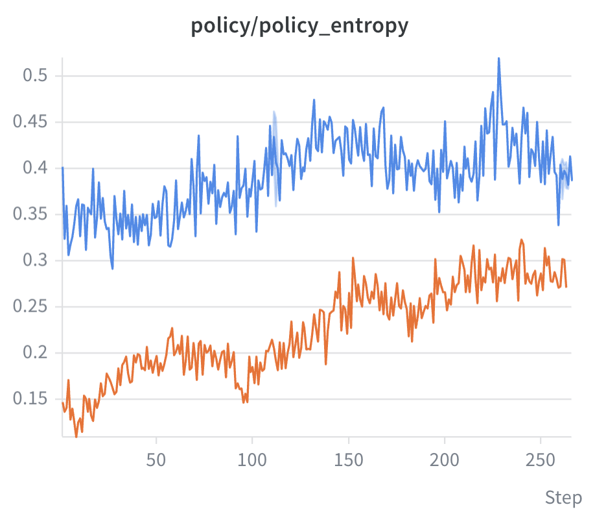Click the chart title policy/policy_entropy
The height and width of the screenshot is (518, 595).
point(299,26)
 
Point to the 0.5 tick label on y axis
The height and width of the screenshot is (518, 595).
point(35,75)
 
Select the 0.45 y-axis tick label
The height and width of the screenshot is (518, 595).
point(30,121)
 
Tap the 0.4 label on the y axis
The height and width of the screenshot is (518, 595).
point(35,167)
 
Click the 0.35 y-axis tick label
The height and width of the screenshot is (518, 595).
point(30,214)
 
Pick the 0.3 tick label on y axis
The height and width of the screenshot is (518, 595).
point(35,260)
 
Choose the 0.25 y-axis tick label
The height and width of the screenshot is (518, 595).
point(30,306)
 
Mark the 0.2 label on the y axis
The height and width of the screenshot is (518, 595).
point(35,352)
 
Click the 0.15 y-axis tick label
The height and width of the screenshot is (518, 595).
point(30,399)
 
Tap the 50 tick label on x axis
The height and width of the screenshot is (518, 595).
point(156,460)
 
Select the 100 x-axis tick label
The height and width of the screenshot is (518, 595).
point(252,460)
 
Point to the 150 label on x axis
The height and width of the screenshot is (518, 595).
point(348,460)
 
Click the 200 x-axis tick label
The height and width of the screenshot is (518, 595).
point(445,460)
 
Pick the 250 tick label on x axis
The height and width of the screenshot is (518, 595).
point(541,460)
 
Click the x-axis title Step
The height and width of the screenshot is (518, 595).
point(563,498)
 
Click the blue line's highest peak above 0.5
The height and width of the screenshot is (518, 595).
point(498,58)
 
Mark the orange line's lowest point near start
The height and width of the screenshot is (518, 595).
point(76,437)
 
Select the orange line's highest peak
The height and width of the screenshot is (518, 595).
point(521,240)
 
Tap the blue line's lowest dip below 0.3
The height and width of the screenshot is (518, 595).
point(112,269)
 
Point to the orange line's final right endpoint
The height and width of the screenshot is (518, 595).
point(566,286)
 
